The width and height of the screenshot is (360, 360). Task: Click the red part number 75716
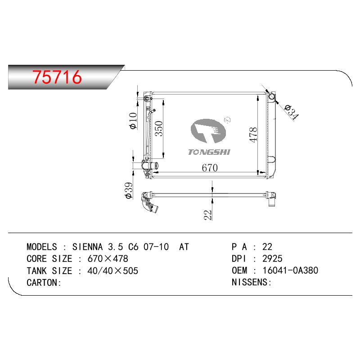[x=57, y=76]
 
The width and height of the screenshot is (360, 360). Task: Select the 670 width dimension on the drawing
[x=210, y=167]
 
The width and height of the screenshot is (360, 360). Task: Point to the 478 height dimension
[x=253, y=135]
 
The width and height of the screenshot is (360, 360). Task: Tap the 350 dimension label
[x=159, y=129]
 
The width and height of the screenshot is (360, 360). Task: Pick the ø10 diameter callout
[x=133, y=121]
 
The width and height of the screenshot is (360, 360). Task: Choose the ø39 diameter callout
[x=129, y=190]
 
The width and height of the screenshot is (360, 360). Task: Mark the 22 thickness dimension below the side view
[x=208, y=215]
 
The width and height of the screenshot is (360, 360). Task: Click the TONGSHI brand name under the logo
[x=209, y=152]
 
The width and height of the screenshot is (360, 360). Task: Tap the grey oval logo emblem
[x=208, y=131]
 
